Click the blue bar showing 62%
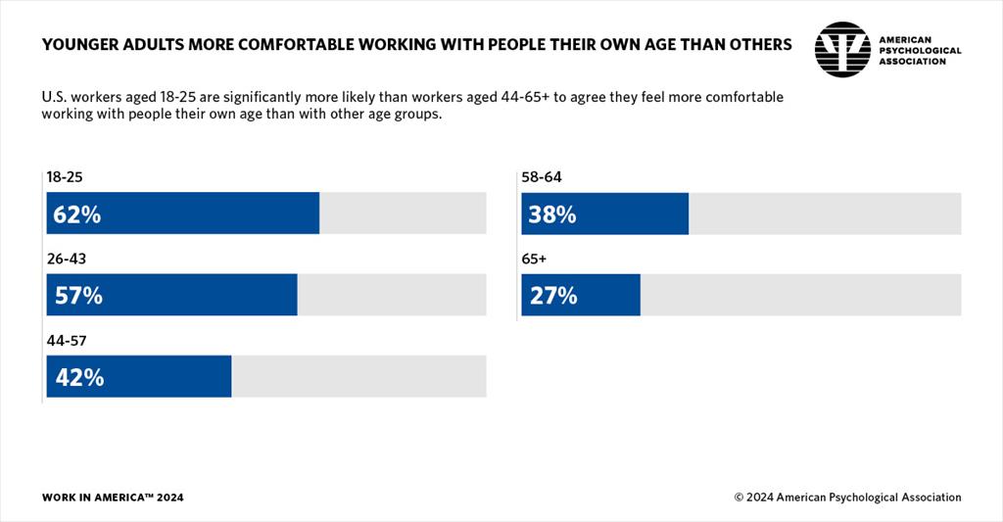[x=183, y=214]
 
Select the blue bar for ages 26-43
[x=172, y=295]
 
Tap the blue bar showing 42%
[x=139, y=376]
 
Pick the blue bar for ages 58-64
[x=605, y=214]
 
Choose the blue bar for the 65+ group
[x=581, y=295]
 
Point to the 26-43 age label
[x=64, y=260]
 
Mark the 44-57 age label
[x=64, y=341]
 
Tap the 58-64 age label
[x=541, y=178]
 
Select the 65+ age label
[x=534, y=260]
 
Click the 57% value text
[x=78, y=296]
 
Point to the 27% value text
[x=552, y=296]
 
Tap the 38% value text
[x=552, y=214]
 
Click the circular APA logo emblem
[x=841, y=49]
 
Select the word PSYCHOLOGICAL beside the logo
[x=920, y=50]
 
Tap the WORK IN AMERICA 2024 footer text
[x=113, y=498]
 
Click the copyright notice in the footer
[x=847, y=498]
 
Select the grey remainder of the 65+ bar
[x=800, y=295]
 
